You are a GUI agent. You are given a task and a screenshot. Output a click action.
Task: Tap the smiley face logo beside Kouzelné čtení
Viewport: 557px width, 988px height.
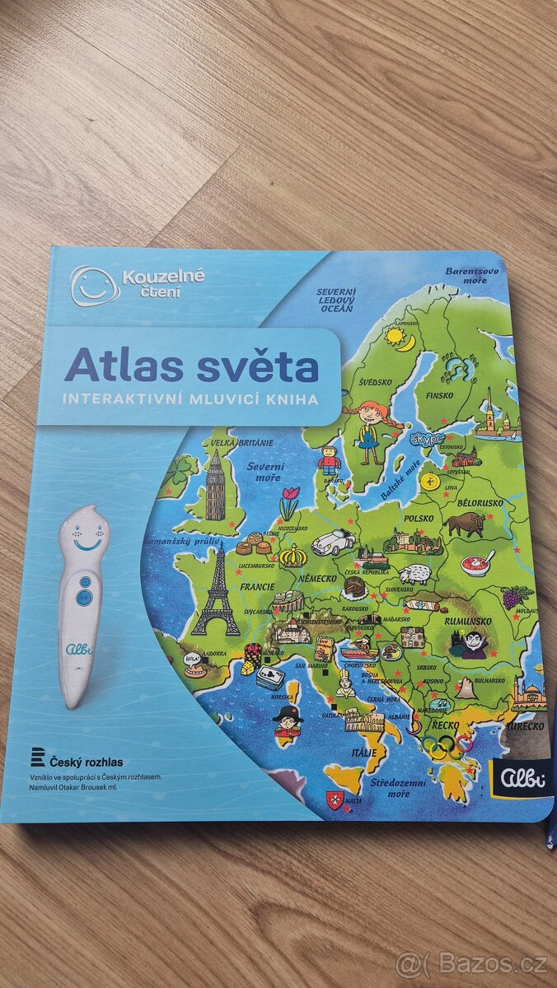[93, 284]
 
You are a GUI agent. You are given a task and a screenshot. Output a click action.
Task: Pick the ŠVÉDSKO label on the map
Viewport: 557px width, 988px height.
[375, 382]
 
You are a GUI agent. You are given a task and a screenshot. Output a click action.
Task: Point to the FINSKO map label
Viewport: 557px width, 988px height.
[439, 395]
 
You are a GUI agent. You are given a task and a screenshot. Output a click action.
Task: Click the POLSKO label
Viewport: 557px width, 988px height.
[419, 520]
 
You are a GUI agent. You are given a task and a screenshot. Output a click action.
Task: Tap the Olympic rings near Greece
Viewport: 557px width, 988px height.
[444, 745]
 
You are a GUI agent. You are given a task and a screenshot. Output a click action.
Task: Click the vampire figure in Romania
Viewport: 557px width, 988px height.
[474, 644]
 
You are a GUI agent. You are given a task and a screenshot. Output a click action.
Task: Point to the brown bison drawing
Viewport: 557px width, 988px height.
[464, 524]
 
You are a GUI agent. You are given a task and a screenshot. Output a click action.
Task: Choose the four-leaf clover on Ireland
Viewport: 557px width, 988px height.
[184, 470]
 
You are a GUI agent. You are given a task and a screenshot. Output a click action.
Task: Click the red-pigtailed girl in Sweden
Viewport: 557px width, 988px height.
[367, 426]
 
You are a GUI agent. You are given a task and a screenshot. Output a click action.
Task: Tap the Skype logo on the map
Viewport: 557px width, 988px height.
[427, 438]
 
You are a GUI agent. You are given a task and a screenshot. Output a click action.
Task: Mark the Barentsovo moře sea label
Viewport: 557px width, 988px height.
[472, 275]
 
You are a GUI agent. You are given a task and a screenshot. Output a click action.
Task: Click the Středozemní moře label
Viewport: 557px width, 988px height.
[390, 788]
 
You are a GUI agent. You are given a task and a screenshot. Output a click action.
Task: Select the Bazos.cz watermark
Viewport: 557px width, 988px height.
[472, 962]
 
